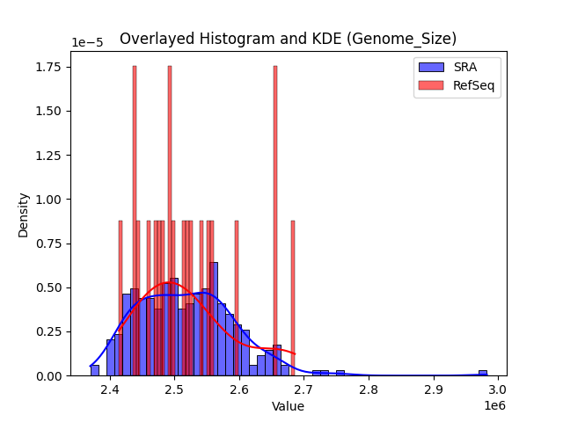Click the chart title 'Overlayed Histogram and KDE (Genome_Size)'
[288, 39]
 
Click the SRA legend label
[465, 67]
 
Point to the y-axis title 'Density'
[24, 215]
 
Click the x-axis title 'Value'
[288, 407]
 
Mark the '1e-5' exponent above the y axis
[85, 43]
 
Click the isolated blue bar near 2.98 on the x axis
[482, 373]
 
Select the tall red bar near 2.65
[275, 220]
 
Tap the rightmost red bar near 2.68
[293, 299]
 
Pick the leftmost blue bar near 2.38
[95, 370]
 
